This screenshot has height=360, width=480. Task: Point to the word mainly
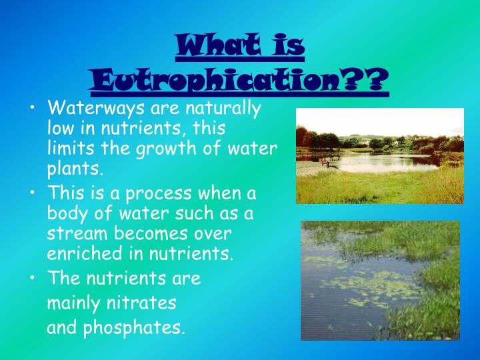point(72,303)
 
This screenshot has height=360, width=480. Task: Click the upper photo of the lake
point(380,156)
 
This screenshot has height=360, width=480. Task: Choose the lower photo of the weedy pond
point(380,280)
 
